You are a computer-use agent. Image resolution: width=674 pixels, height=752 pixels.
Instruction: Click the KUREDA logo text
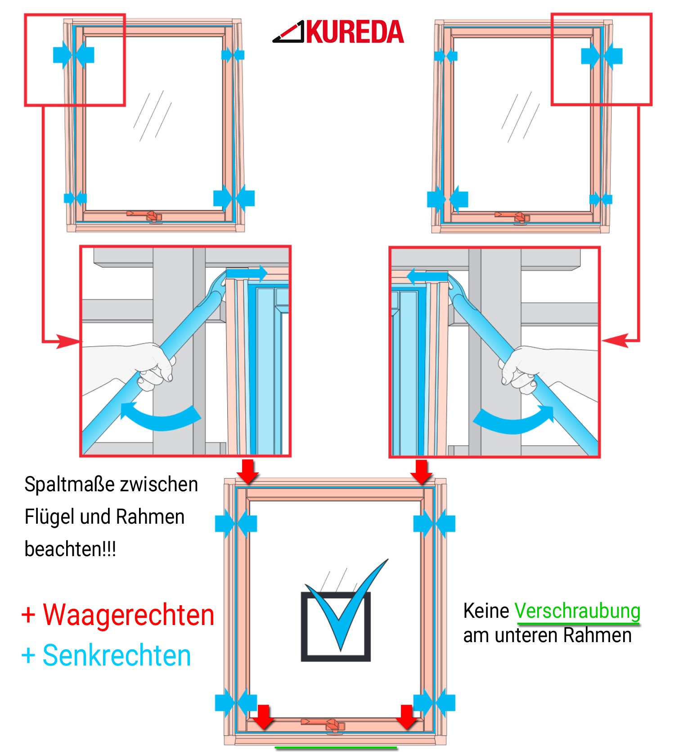click(355, 32)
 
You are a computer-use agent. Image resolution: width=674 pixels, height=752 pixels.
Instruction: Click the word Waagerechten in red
click(128, 615)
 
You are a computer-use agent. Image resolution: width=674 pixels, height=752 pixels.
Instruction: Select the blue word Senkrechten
click(117, 655)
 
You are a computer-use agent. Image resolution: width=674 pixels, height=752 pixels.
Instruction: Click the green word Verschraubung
click(577, 611)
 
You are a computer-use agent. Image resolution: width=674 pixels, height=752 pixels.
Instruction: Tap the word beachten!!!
click(70, 549)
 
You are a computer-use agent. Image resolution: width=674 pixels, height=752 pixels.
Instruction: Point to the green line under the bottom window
click(336, 748)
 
